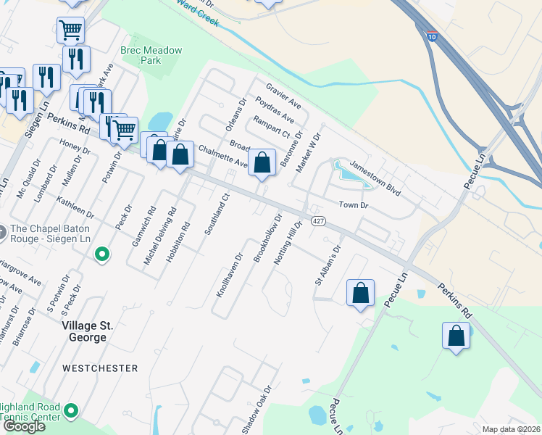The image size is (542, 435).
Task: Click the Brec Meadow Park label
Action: (151, 55)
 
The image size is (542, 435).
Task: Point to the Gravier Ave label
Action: (283, 97)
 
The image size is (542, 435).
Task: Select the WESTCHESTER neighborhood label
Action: (100, 368)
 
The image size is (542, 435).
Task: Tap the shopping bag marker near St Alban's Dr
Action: (360, 293)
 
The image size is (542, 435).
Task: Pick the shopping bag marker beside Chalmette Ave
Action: (262, 162)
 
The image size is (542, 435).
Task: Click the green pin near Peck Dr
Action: (103, 254)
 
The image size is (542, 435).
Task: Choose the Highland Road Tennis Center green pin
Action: (70, 411)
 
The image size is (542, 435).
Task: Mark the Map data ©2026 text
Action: (511, 429)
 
